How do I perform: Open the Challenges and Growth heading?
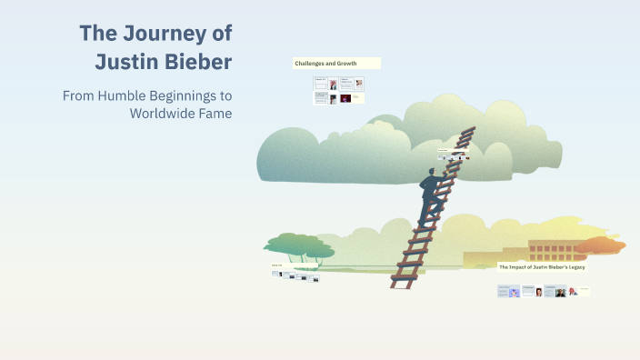[325, 64]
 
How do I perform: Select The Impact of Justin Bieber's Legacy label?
[541, 266]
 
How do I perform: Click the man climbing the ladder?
[431, 195]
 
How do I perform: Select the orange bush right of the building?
[600, 245]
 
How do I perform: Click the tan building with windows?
[545, 250]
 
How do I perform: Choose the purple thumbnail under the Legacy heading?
[515, 292]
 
